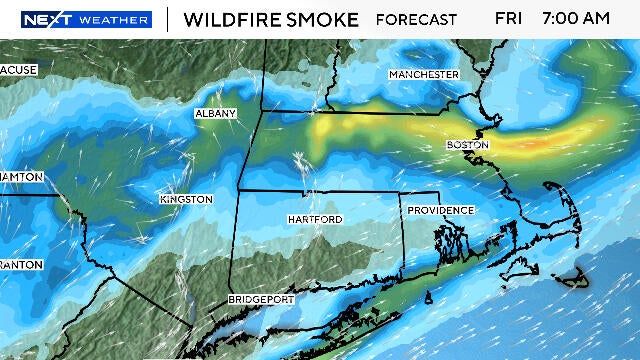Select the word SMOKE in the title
point(327,19)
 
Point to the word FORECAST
point(416,19)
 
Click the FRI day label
point(508,19)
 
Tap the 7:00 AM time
point(575,19)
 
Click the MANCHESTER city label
point(424,75)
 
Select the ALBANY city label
point(216,114)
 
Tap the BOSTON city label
point(467,146)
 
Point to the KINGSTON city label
point(186,200)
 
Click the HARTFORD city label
point(314,219)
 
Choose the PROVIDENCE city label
point(440,210)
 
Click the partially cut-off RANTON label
point(21,265)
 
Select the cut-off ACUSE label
point(18,70)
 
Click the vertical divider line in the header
point(166,19)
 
